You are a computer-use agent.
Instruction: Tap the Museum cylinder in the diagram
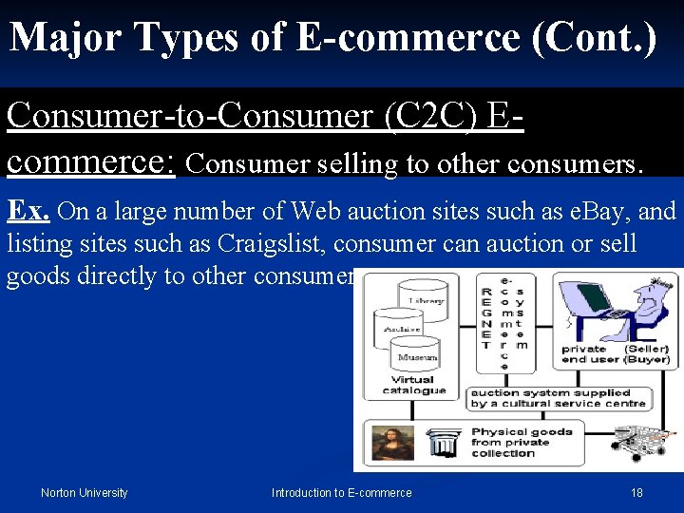tap(417, 355)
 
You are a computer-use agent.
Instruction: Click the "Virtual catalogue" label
tap(414, 384)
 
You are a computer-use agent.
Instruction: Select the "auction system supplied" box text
tap(550, 393)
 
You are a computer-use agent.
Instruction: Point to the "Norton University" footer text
tap(84, 492)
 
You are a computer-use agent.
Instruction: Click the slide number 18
tap(636, 492)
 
